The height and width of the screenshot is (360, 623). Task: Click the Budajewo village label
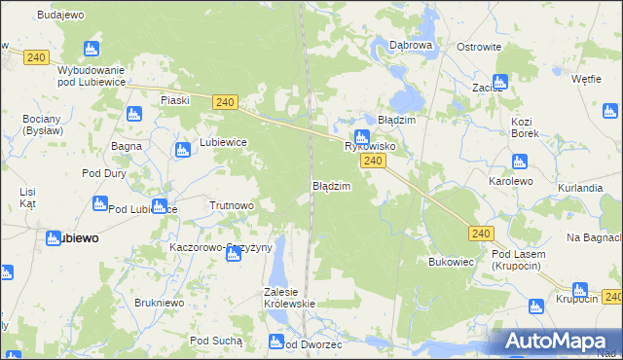coord(60,16)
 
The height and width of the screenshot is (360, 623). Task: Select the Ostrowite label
coord(479,47)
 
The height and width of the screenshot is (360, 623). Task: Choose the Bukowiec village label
coord(451,262)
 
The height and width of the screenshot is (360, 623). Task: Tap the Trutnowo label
coord(232,205)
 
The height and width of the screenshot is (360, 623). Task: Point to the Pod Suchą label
coord(215,340)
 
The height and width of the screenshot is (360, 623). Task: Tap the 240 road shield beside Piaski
coord(224,101)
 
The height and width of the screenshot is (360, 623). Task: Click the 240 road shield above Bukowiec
coord(480,234)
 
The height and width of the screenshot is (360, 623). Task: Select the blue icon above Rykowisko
coord(361,137)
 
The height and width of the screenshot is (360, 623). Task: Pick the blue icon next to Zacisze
coord(501,83)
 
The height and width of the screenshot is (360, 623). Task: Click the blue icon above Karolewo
coord(519,162)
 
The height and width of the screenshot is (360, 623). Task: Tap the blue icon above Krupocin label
coord(580,289)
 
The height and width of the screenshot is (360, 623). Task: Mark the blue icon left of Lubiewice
coord(182,149)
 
